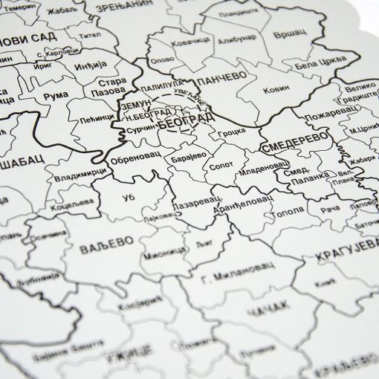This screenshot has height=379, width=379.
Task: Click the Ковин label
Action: pos(277,92)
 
